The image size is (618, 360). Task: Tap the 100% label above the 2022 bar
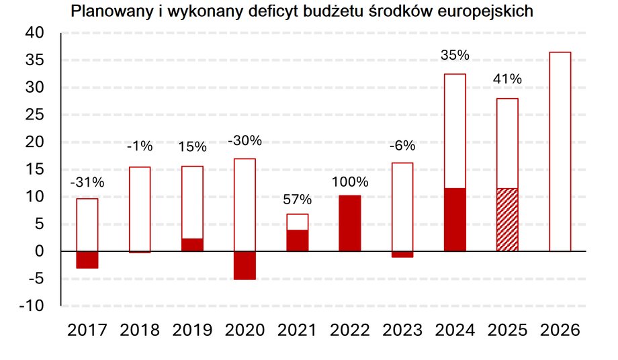pyautogui.click(x=350, y=182)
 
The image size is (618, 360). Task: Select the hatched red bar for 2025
pyautogui.click(x=507, y=220)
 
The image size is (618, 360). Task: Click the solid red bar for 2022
pyautogui.click(x=350, y=223)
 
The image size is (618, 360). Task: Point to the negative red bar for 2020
pyautogui.click(x=245, y=265)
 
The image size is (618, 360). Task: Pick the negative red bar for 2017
pyautogui.click(x=87, y=259)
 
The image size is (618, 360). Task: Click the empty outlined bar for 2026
pyautogui.click(x=560, y=151)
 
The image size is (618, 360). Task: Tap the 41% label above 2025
pyautogui.click(x=507, y=79)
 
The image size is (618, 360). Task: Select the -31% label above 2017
pyautogui.click(x=87, y=182)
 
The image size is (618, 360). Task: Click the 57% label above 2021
pyautogui.click(x=298, y=199)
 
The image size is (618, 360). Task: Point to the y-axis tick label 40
pyautogui.click(x=35, y=33)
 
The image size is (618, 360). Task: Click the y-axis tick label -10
pyautogui.click(x=32, y=306)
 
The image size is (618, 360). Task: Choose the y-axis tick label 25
pyautogui.click(x=35, y=115)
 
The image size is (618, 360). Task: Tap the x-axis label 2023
pyautogui.click(x=402, y=330)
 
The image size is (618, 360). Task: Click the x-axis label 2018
pyautogui.click(x=140, y=330)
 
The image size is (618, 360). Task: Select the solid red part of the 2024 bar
pyautogui.click(x=455, y=220)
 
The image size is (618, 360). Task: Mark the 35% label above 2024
pyautogui.click(x=455, y=55)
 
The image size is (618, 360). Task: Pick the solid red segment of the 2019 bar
pyautogui.click(x=192, y=244)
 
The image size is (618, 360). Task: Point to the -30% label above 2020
pyautogui.click(x=245, y=141)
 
